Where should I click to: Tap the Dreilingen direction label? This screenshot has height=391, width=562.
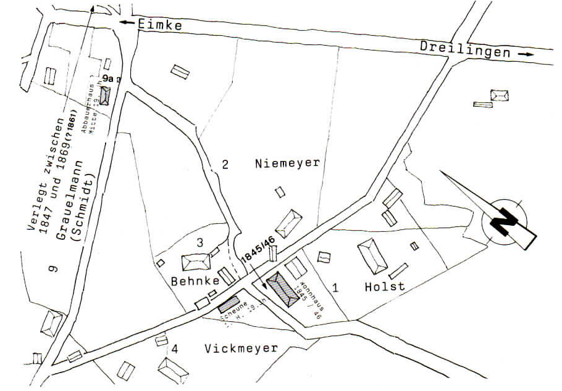[465, 49]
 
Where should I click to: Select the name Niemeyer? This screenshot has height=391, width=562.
[287, 163]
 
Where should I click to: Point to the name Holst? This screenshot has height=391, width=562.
[384, 286]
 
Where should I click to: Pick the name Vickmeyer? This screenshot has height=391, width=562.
[241, 348]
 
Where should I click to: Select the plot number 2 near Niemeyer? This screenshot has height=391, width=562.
[225, 164]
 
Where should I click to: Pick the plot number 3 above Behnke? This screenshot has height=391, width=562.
[199, 243]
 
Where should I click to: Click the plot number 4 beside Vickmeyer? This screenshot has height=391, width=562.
[175, 349]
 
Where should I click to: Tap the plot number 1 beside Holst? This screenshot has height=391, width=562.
[335, 287]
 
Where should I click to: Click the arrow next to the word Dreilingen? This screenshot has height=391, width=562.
[526, 54]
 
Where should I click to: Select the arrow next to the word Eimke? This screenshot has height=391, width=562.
[128, 22]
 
